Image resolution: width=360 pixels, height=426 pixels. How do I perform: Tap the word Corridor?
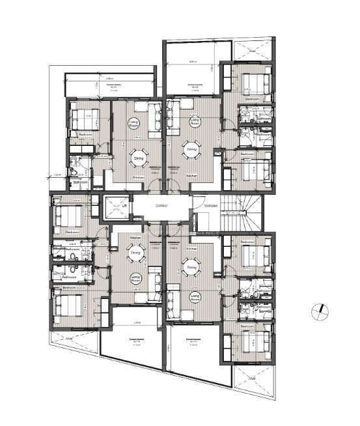pos(161,205)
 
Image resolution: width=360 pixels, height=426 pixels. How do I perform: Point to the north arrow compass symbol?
pos(318,311)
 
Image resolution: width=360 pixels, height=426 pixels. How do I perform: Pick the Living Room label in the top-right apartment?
pos(194,121)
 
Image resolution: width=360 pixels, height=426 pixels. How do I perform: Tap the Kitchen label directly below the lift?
pos(136,238)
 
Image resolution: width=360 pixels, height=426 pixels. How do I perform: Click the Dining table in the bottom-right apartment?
pos(192,267)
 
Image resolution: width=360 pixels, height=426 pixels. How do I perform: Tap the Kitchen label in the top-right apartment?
pos(192,177)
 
